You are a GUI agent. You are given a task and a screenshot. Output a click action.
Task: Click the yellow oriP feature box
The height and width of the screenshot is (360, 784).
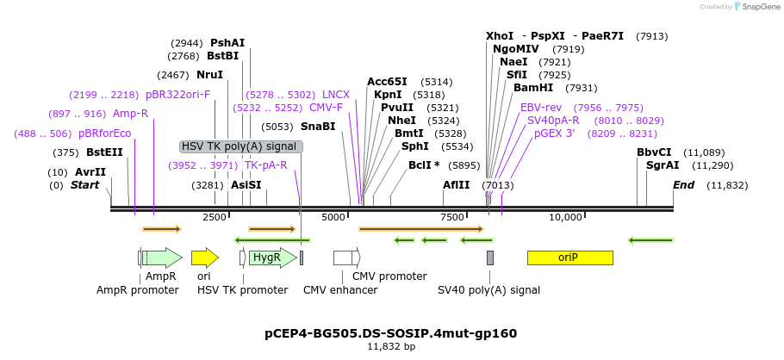tap(569, 258)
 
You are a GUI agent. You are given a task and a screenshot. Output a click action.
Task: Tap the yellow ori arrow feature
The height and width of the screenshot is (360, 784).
tap(204, 258)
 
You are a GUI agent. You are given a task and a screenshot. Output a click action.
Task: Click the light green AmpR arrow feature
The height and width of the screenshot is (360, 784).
tap(162, 258)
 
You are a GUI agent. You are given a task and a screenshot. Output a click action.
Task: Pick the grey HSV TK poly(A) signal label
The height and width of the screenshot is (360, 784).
tap(241, 146)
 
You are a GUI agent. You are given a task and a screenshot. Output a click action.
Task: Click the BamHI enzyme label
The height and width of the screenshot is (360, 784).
tap(533, 88)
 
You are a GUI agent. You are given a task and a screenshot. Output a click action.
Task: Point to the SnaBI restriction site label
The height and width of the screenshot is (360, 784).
tap(318, 127)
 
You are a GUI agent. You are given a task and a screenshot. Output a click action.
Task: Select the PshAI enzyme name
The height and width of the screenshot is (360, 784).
tap(227, 42)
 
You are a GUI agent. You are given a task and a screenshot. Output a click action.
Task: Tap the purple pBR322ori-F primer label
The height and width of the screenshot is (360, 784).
tap(177, 95)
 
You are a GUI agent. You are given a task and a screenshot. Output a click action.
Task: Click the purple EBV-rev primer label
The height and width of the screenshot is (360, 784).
tap(541, 108)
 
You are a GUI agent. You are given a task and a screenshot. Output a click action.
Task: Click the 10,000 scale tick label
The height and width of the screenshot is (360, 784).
tap(567, 217)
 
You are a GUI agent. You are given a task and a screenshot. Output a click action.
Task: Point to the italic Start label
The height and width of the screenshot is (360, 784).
tap(84, 185)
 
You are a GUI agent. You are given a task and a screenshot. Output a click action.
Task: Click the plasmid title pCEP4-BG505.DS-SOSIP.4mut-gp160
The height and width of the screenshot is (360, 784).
tap(391, 332)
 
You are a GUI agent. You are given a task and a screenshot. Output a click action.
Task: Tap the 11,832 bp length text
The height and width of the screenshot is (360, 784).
tap(391, 346)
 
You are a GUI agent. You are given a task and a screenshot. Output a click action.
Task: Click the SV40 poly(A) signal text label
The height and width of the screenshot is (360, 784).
tap(489, 290)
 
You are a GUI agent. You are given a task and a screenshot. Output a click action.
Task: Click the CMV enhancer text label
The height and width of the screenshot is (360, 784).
tap(340, 290)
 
